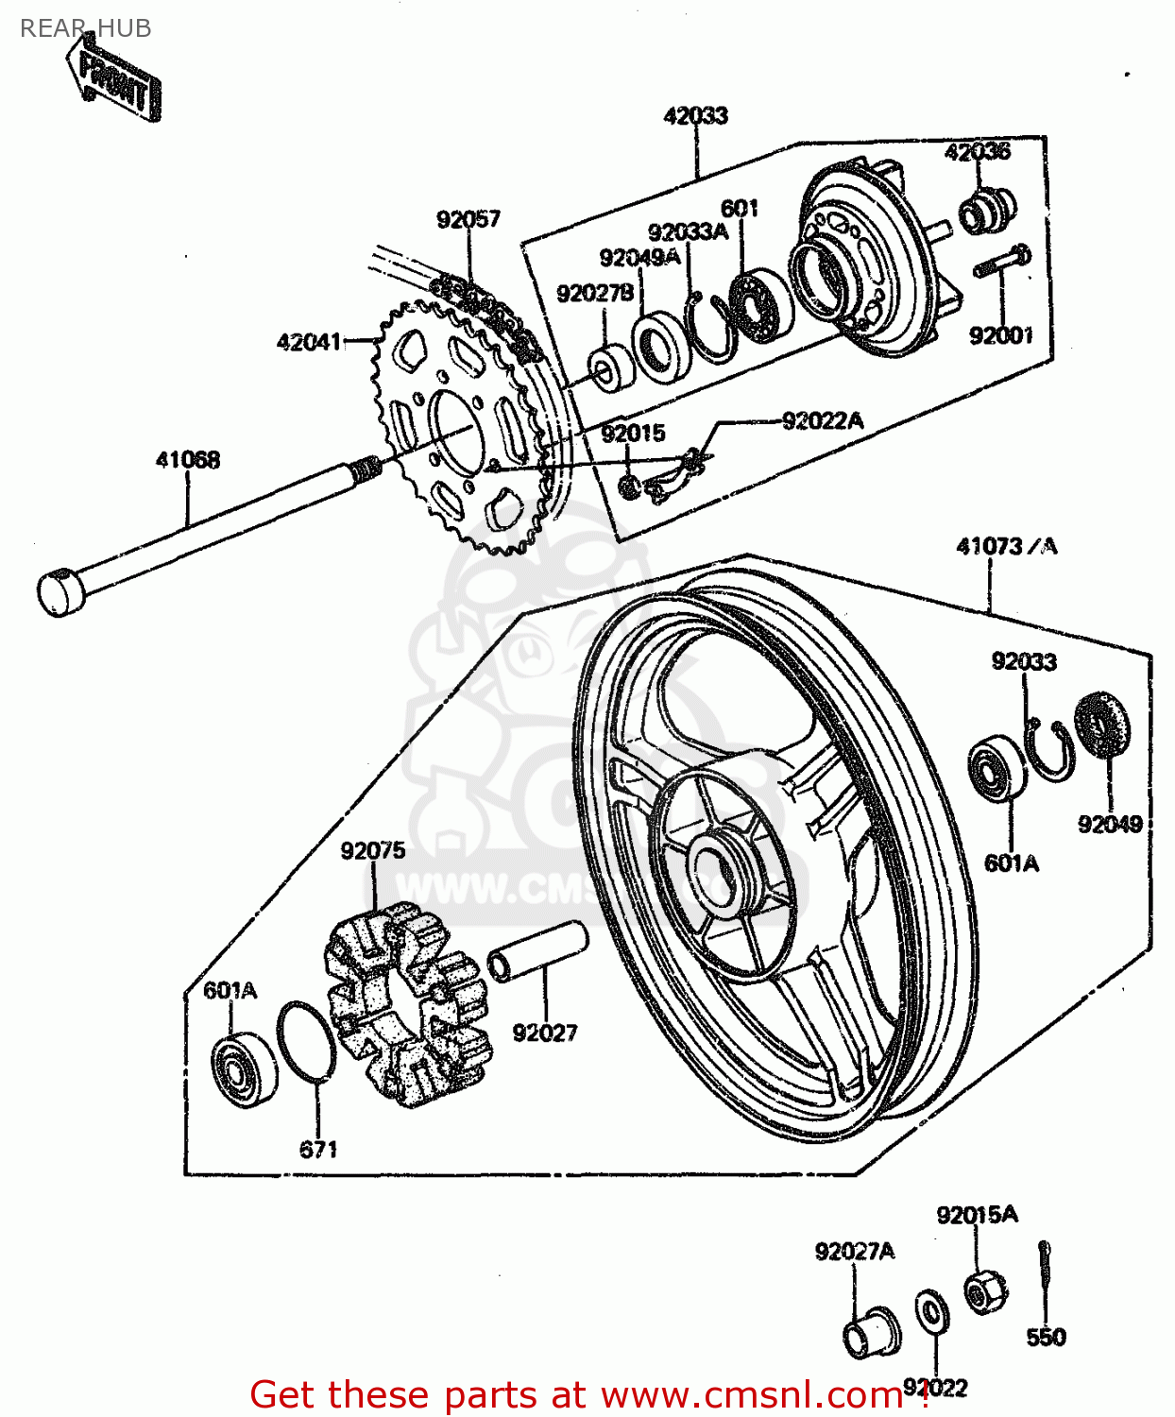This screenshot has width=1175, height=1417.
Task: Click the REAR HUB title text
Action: tap(85, 28)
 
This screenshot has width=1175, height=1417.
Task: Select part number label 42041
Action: tap(308, 342)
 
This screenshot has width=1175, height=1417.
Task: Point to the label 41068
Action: tap(188, 460)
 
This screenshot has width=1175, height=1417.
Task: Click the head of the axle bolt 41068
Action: tap(60, 592)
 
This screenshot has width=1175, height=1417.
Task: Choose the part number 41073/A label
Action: tap(1006, 546)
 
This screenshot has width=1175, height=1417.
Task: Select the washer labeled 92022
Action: tap(932, 1311)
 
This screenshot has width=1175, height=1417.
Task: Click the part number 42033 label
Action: tap(695, 116)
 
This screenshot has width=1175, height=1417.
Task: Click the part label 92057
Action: tap(468, 219)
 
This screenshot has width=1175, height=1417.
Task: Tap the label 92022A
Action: tap(822, 420)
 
